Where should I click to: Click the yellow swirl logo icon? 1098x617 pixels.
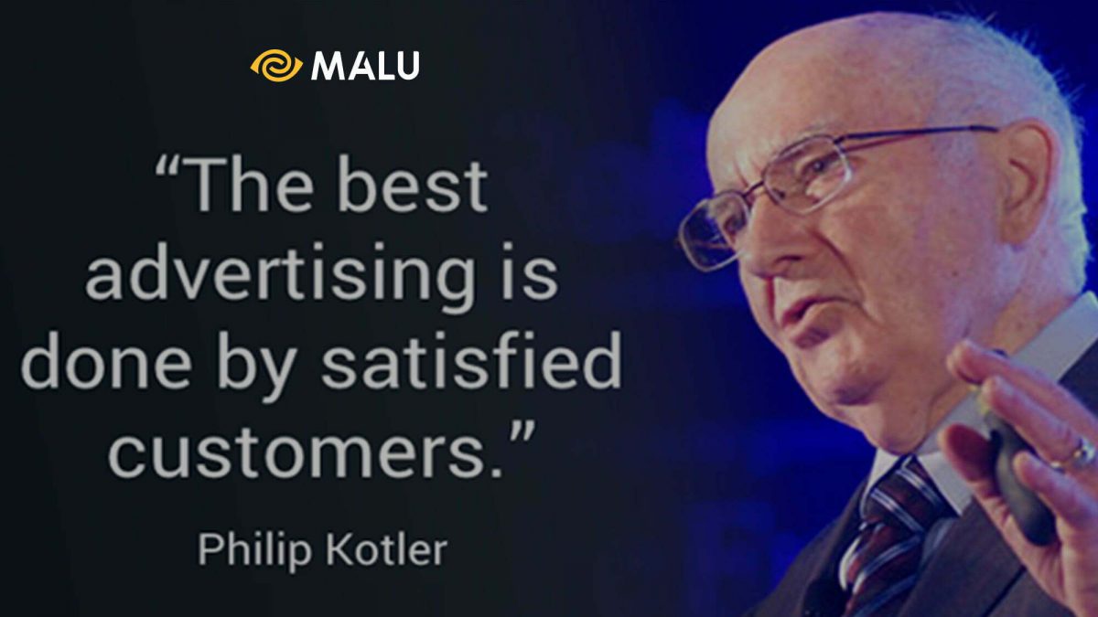point(276,66)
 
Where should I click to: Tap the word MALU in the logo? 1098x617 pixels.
point(365,66)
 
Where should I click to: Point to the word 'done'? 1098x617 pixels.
point(106,360)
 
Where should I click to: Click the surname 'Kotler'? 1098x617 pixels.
point(386,549)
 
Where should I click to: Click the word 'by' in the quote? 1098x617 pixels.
point(257,366)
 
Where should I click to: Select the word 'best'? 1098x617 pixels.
point(413,185)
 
